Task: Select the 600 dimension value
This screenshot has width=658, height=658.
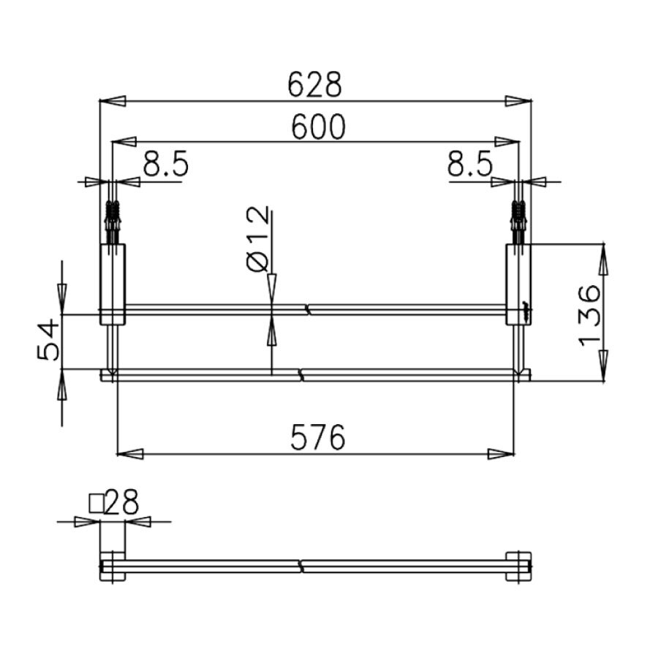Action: point(317,128)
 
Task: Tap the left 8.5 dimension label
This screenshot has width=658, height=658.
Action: point(166,166)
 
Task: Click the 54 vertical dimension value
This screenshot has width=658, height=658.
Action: point(47,341)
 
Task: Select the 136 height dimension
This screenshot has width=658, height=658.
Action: point(589,315)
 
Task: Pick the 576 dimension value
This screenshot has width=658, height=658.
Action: point(317,439)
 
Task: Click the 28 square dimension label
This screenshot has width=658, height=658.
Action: point(122,503)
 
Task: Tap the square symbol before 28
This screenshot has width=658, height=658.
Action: point(96,503)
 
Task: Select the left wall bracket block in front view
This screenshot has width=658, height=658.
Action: point(113,284)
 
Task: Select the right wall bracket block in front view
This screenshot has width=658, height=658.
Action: point(519,284)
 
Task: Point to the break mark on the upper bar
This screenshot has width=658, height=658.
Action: point(309,310)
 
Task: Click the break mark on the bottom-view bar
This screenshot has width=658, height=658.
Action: point(300,566)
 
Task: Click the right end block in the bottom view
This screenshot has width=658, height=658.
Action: point(519,566)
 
